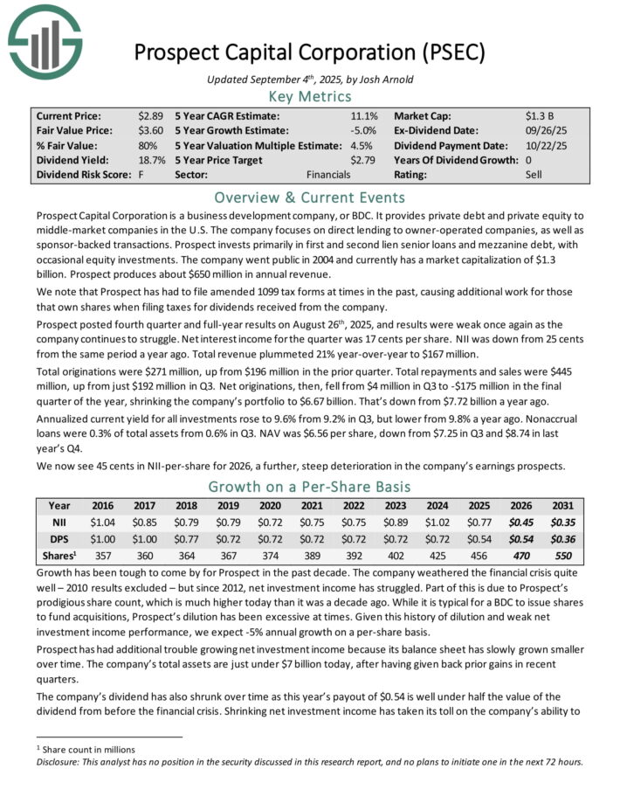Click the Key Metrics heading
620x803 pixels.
309,96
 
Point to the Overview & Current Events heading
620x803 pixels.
309,197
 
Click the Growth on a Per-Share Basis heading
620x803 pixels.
309,487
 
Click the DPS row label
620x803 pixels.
59,538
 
